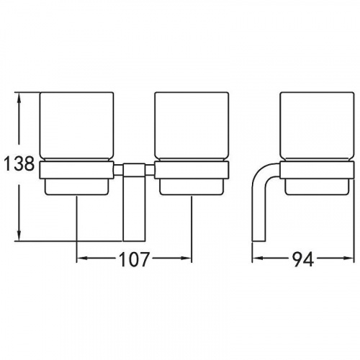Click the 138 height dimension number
click(x=19, y=163)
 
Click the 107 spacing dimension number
click(x=134, y=259)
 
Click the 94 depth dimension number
click(x=303, y=259)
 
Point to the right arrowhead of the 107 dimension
click(x=187, y=258)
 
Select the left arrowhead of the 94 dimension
click(x=256, y=258)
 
